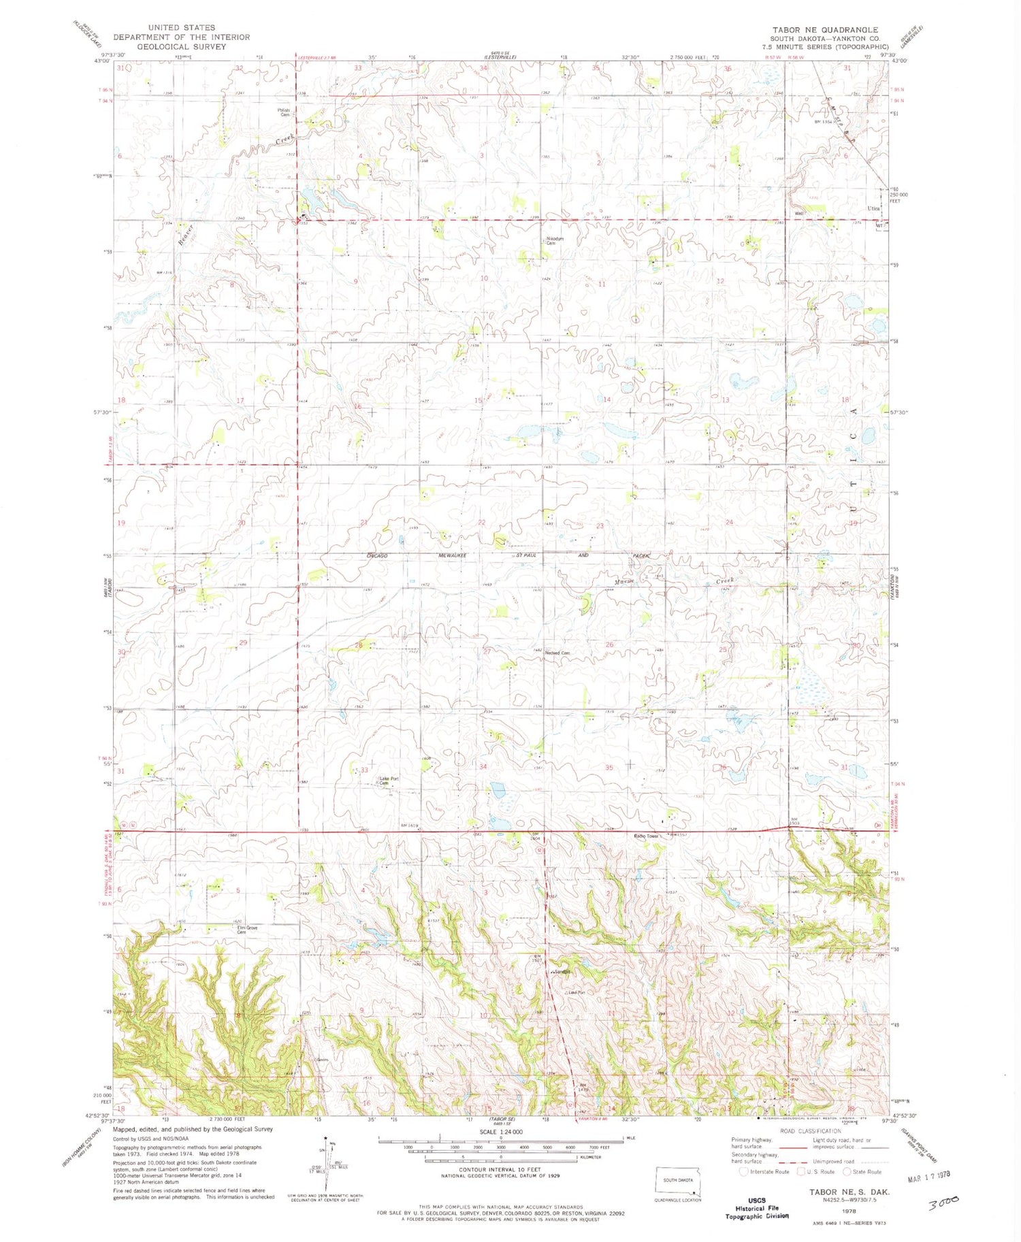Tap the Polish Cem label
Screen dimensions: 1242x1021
(x=283, y=112)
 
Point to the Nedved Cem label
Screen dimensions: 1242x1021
(x=557, y=653)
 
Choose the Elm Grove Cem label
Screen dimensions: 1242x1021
(x=246, y=929)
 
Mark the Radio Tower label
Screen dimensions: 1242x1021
(x=647, y=836)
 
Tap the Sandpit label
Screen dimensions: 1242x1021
(x=562, y=971)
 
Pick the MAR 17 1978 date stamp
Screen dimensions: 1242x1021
(x=928, y=1175)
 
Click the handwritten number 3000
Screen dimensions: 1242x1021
(x=943, y=1203)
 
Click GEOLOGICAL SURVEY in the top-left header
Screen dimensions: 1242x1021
(x=181, y=47)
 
